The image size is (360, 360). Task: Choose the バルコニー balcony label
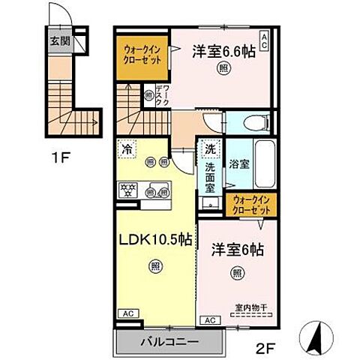coord(169,342)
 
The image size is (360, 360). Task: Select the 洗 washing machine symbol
coord(210,149)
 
